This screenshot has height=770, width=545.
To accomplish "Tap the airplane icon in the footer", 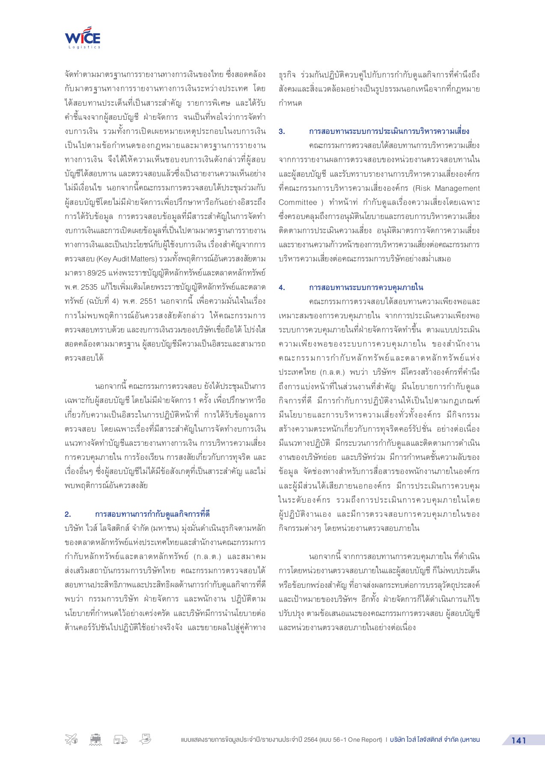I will pyautogui.click(x=71, y=739).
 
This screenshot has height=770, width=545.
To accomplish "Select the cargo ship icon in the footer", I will pyautogui.click(x=96, y=740).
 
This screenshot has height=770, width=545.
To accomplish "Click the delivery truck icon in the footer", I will pyautogui.click(x=120, y=740).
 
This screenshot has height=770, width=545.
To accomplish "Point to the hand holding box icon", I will pyautogui.click(x=145, y=739).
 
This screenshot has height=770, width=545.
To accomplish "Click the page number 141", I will pyautogui.click(x=518, y=740).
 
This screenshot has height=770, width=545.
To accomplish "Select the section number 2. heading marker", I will pyautogui.click(x=68, y=514).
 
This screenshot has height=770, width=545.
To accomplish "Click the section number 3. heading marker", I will pyautogui.click(x=282, y=131).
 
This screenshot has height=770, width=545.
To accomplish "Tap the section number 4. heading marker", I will pyautogui.click(x=282, y=287).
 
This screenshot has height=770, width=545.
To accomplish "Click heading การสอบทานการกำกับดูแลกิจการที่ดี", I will pyautogui.click(x=152, y=514).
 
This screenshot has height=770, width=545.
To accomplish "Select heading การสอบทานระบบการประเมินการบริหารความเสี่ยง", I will pyautogui.click(x=389, y=131).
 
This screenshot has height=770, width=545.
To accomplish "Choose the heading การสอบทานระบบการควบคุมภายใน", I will pyautogui.click(x=366, y=287).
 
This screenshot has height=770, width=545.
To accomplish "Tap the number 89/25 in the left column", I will pyautogui.click(x=97, y=273).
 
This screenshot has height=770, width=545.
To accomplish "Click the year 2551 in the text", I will pyautogui.click(x=149, y=301).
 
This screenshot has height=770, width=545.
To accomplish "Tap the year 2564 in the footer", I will pyautogui.click(x=311, y=740).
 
